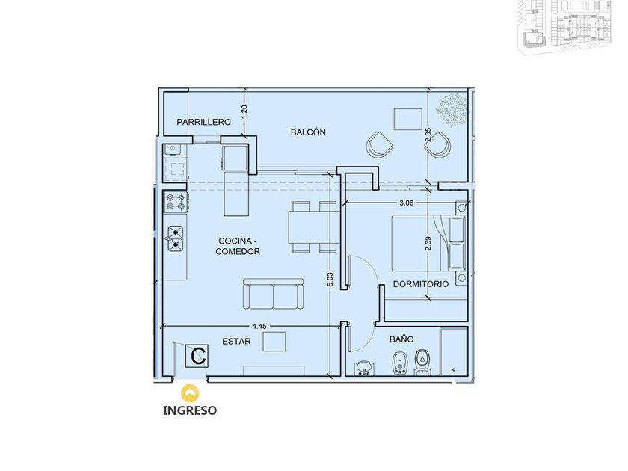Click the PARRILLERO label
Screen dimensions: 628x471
pos(203,122)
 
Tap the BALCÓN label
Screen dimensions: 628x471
pos(308,132)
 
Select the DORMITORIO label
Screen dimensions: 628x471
pos(420,284)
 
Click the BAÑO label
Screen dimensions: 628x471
pos(401,339)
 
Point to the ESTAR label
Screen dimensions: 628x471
pos(236,341)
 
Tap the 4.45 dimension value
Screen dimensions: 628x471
pos(259,326)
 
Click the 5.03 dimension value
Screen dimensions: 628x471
pos(330,280)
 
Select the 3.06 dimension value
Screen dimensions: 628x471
pos(407,203)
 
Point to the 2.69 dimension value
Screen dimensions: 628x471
pos(428,244)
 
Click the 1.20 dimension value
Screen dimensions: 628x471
pos(244,111)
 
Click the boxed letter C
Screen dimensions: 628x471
pos(197,356)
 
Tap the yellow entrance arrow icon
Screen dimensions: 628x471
pos(190,393)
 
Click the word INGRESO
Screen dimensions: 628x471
pos(190,410)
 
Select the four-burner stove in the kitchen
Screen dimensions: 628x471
pos(176,202)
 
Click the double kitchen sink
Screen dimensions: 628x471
pos(175,238)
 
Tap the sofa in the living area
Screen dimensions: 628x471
pos(273,294)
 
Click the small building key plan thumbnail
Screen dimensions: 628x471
pos(565,26)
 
